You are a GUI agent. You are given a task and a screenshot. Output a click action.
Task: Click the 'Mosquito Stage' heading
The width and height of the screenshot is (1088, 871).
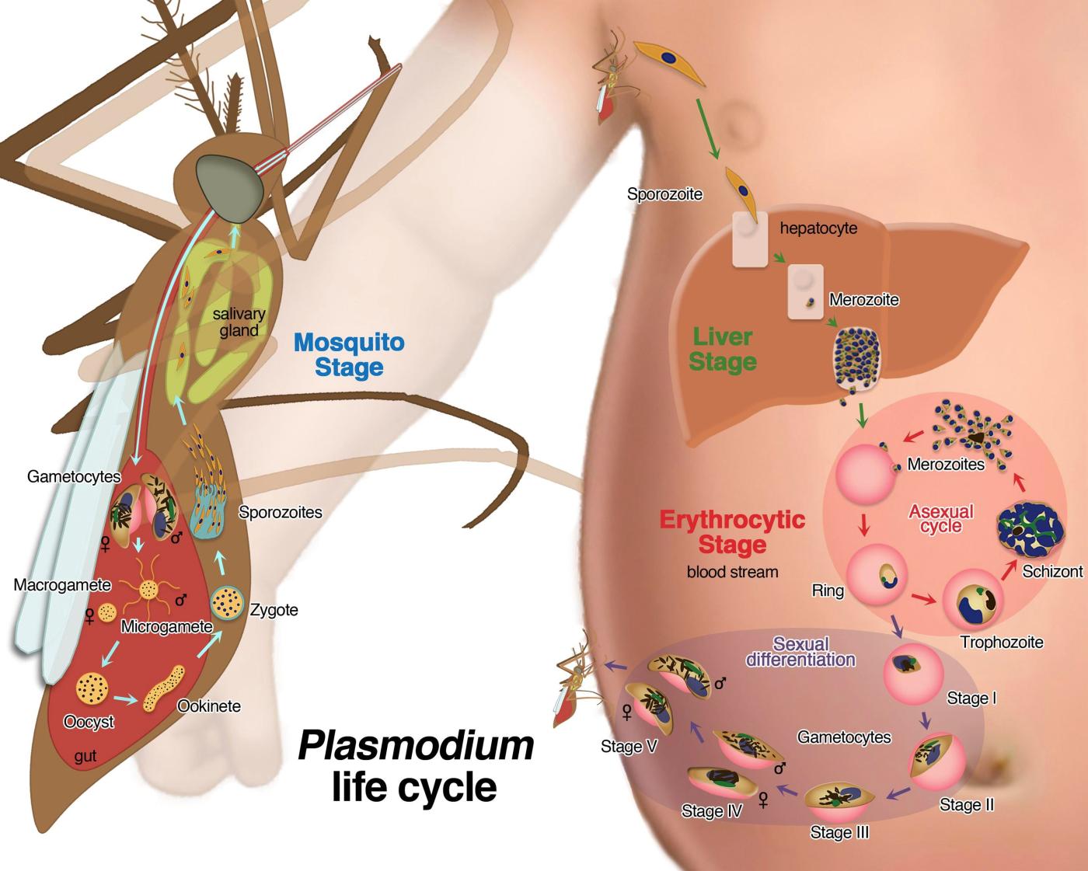point(349,354)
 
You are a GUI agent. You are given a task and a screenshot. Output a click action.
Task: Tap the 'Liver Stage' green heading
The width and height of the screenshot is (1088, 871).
point(723,350)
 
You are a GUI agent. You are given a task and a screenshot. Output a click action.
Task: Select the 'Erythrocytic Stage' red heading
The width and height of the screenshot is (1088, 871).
point(732,531)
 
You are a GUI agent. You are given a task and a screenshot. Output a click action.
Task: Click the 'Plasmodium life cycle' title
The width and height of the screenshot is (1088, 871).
point(416,766)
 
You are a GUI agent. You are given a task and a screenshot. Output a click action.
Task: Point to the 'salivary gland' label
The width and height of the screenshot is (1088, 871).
point(239,322)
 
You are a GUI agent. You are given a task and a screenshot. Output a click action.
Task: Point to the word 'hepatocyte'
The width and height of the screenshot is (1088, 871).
point(818,228)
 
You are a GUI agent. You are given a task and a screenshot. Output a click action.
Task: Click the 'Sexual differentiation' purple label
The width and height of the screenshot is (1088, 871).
point(800,652)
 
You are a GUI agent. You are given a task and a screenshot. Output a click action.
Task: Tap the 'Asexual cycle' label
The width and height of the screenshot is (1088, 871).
point(941,518)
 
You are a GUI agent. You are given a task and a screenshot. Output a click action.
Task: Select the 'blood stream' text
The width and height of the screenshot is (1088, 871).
point(732,572)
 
